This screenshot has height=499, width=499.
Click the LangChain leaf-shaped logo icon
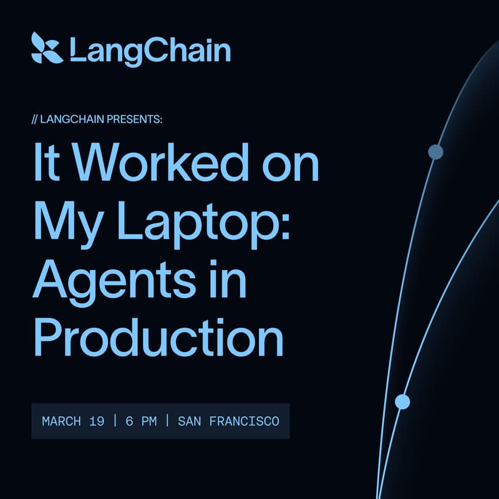click(x=46, y=48)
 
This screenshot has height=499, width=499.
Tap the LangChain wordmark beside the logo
click(x=150, y=50)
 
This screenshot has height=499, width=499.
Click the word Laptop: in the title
click(x=203, y=221)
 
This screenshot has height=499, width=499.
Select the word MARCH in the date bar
click(x=61, y=421)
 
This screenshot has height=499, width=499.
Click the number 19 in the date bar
click(x=96, y=421)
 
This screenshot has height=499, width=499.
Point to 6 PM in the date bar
click(x=140, y=421)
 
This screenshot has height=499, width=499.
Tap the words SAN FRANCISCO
click(x=228, y=421)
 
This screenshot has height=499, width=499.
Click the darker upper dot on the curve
click(x=435, y=152)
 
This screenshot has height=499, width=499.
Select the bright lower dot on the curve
click(x=402, y=402)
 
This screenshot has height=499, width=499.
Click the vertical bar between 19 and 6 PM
click(x=115, y=421)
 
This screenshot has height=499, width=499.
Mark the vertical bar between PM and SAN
click(x=167, y=421)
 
